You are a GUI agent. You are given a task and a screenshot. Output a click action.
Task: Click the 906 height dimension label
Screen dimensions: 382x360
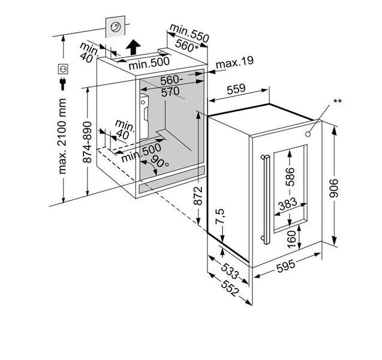click(334, 188)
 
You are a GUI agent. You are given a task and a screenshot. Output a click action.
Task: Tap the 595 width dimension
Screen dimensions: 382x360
click(286, 265)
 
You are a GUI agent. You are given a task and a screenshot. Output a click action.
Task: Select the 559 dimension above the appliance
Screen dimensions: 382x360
click(236, 89)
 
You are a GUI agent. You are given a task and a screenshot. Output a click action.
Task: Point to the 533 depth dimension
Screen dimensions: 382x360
click(230, 271)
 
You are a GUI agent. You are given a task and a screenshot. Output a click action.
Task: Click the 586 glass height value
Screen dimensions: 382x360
click(290, 177)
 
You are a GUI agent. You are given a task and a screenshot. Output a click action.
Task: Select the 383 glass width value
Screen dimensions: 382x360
click(288, 204)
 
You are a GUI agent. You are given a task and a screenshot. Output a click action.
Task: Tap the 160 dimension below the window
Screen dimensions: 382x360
click(291, 239)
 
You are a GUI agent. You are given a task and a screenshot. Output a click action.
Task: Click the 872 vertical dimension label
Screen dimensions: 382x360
click(198, 195)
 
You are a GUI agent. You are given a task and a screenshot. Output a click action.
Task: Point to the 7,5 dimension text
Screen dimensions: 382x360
click(219, 216)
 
